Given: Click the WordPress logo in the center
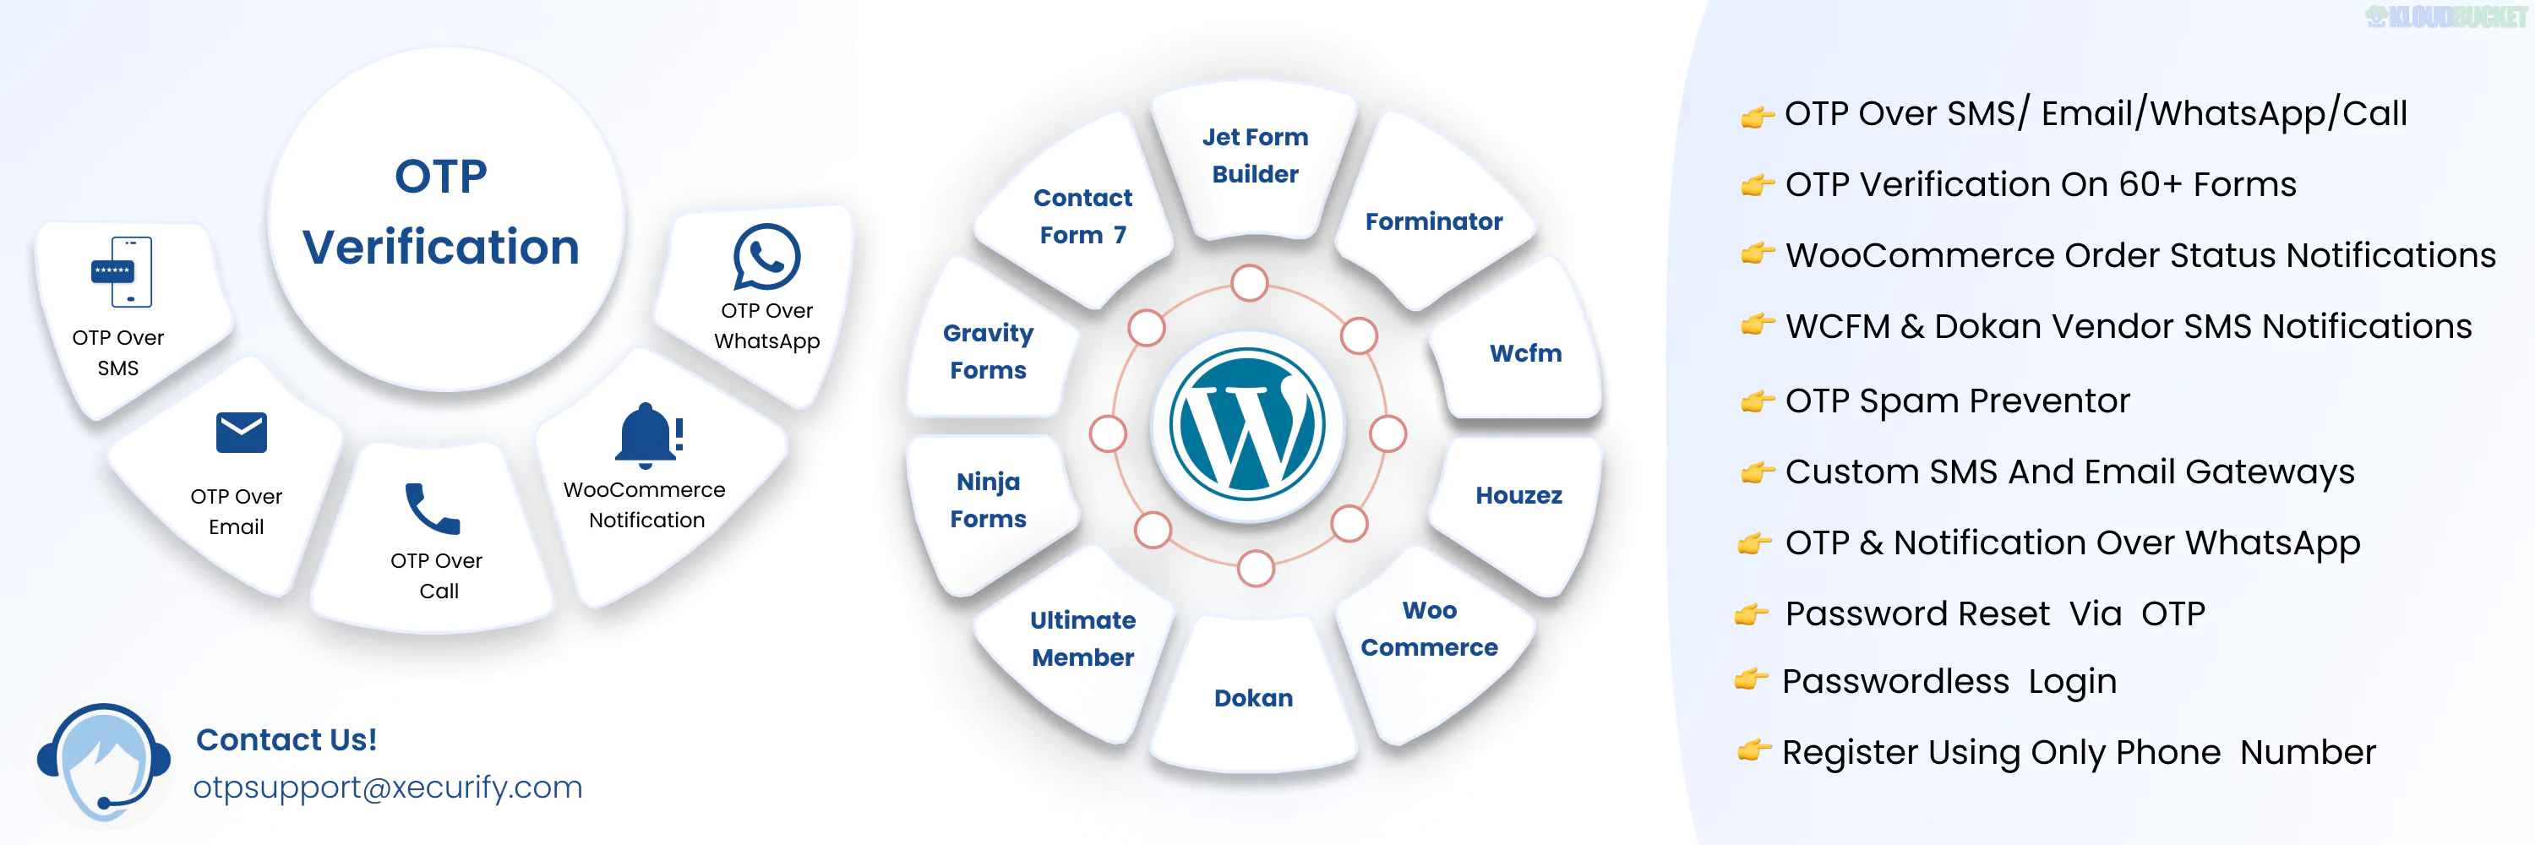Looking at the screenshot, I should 1247,425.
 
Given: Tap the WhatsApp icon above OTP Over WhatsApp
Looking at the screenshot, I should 766,257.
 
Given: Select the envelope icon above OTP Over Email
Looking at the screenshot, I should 241,432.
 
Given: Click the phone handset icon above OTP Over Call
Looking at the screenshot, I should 432,509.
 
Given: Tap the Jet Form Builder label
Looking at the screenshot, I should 1255,155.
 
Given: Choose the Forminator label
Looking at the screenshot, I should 1433,221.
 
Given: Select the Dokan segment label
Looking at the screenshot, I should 1253,697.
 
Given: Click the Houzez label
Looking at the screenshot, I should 1518,495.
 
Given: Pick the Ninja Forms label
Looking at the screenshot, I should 988,499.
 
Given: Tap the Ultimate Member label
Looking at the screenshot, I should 1082,639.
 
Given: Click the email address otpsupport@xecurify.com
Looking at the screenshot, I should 387,787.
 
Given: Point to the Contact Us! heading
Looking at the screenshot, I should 286,739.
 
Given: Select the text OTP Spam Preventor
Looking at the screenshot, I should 1956,401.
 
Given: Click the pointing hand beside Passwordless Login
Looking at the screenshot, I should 1751,679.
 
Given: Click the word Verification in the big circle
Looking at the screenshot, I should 440,247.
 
